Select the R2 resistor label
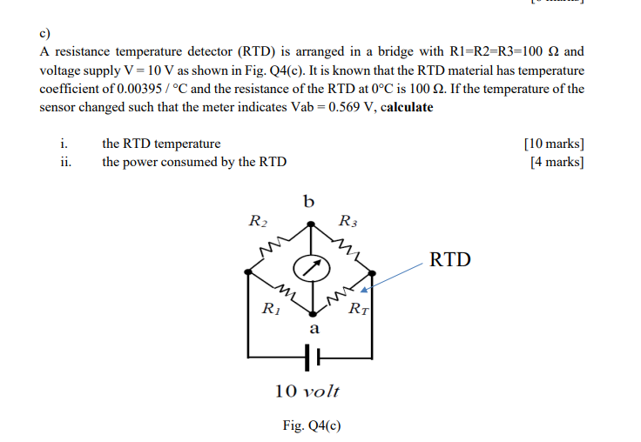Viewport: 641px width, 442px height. tap(258, 221)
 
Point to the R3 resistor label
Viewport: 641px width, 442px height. tap(347, 221)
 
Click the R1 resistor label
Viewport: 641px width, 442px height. tap(271, 307)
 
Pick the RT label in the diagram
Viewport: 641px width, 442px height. tap(358, 309)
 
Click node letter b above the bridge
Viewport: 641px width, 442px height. tap(309, 203)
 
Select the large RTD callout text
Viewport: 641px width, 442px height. tap(450, 259)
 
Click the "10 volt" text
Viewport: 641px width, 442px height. tap(307, 390)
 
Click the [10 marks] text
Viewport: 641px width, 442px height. tap(554, 144)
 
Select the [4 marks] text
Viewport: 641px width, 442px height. tap(557, 162)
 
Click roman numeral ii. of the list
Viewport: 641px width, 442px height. tap(66, 162)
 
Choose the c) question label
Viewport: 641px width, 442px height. tap(45, 34)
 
